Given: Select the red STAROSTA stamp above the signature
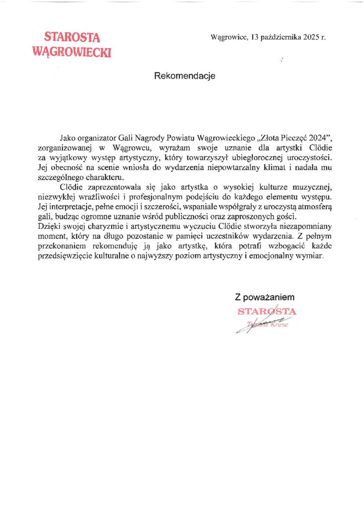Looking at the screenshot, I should (267, 311).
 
